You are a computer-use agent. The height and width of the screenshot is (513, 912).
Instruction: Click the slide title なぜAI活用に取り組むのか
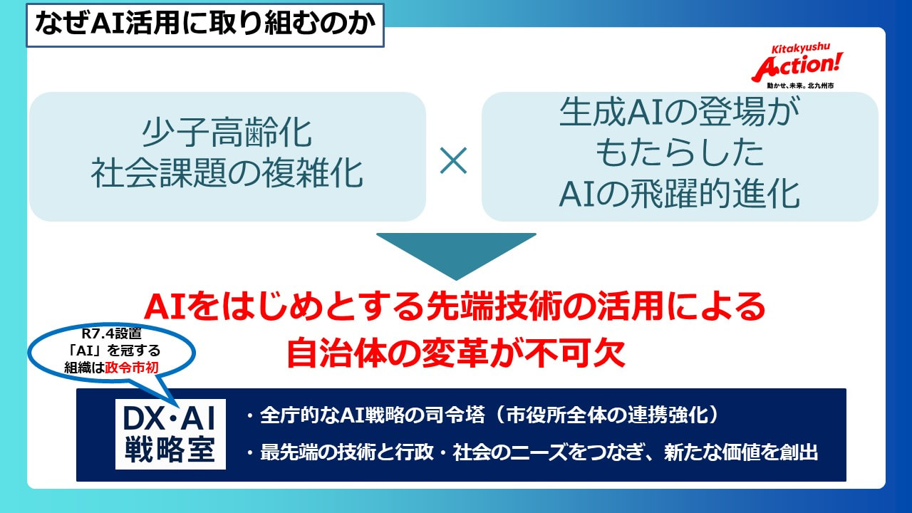coord(204,25)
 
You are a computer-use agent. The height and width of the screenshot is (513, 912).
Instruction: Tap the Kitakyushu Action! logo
coord(797,63)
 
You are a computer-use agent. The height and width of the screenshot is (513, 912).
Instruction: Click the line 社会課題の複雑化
coord(227,173)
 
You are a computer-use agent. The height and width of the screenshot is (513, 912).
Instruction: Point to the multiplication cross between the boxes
coord(453,162)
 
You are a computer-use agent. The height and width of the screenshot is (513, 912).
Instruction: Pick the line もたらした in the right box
coord(679,155)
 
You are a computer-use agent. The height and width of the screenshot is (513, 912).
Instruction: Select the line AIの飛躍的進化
coord(679,195)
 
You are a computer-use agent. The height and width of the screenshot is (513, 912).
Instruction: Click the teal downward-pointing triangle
coord(456,255)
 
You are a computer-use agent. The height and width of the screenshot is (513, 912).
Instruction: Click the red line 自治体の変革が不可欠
coord(456,353)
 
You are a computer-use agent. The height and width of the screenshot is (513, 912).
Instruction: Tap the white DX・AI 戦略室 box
coord(170,433)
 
